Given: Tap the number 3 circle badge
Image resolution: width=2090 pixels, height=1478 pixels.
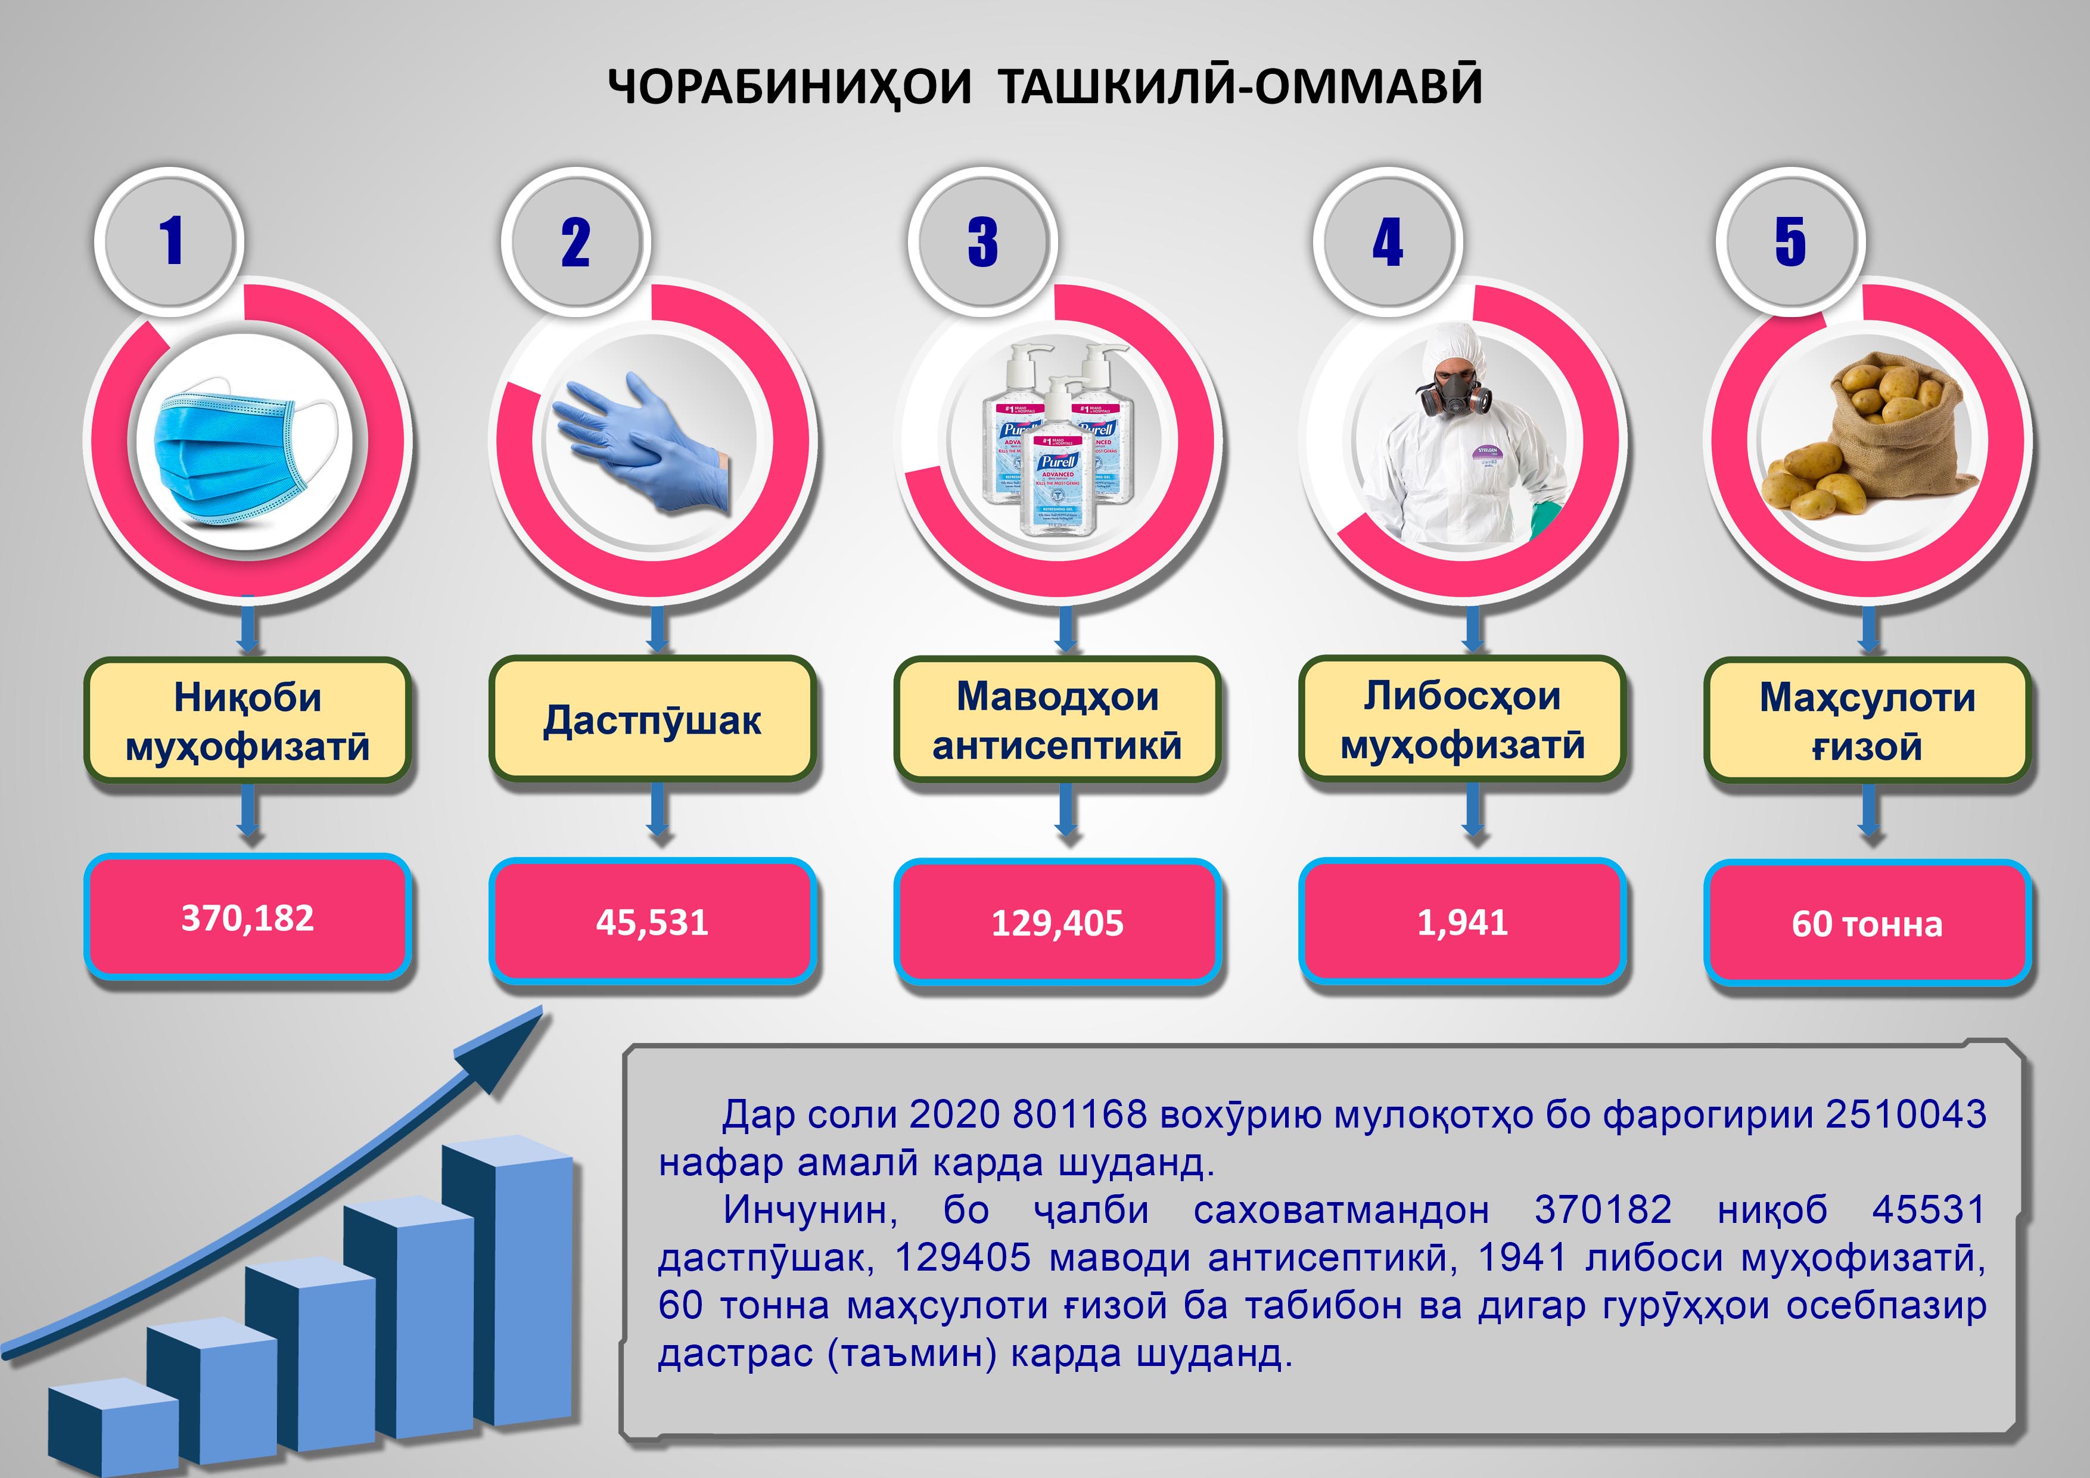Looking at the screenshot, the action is pyautogui.click(x=982, y=242).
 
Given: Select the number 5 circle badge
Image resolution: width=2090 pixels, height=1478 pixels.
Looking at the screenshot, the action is pyautogui.click(x=1790, y=242).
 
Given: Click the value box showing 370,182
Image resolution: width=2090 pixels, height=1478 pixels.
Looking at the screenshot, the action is pyautogui.click(x=248, y=918).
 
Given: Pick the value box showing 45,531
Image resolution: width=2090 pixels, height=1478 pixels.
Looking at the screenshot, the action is pyautogui.click(x=652, y=921).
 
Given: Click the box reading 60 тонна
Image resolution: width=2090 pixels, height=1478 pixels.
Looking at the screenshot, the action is pyautogui.click(x=1867, y=923).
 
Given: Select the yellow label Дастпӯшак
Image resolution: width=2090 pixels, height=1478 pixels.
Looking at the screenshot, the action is pyautogui.click(x=652, y=719).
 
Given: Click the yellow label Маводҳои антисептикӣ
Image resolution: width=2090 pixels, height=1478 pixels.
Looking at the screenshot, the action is pyautogui.click(x=1057, y=719).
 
